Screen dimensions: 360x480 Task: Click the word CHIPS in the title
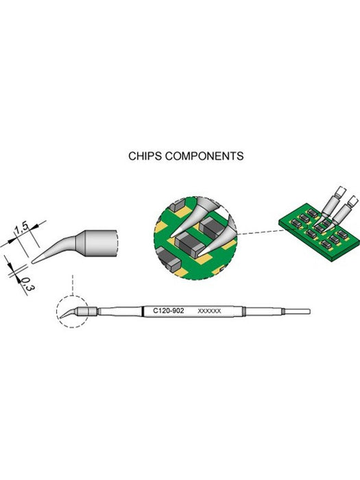click(145, 156)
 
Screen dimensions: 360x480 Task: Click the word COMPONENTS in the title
click(204, 156)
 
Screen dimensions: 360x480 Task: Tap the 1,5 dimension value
click(21, 229)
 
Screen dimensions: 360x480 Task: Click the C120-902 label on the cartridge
click(169, 311)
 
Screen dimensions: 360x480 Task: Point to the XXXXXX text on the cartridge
click(209, 311)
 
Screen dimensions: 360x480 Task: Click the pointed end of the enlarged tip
click(32, 262)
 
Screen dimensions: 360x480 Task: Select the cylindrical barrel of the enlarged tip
click(101, 243)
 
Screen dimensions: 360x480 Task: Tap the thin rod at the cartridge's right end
click(298, 311)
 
